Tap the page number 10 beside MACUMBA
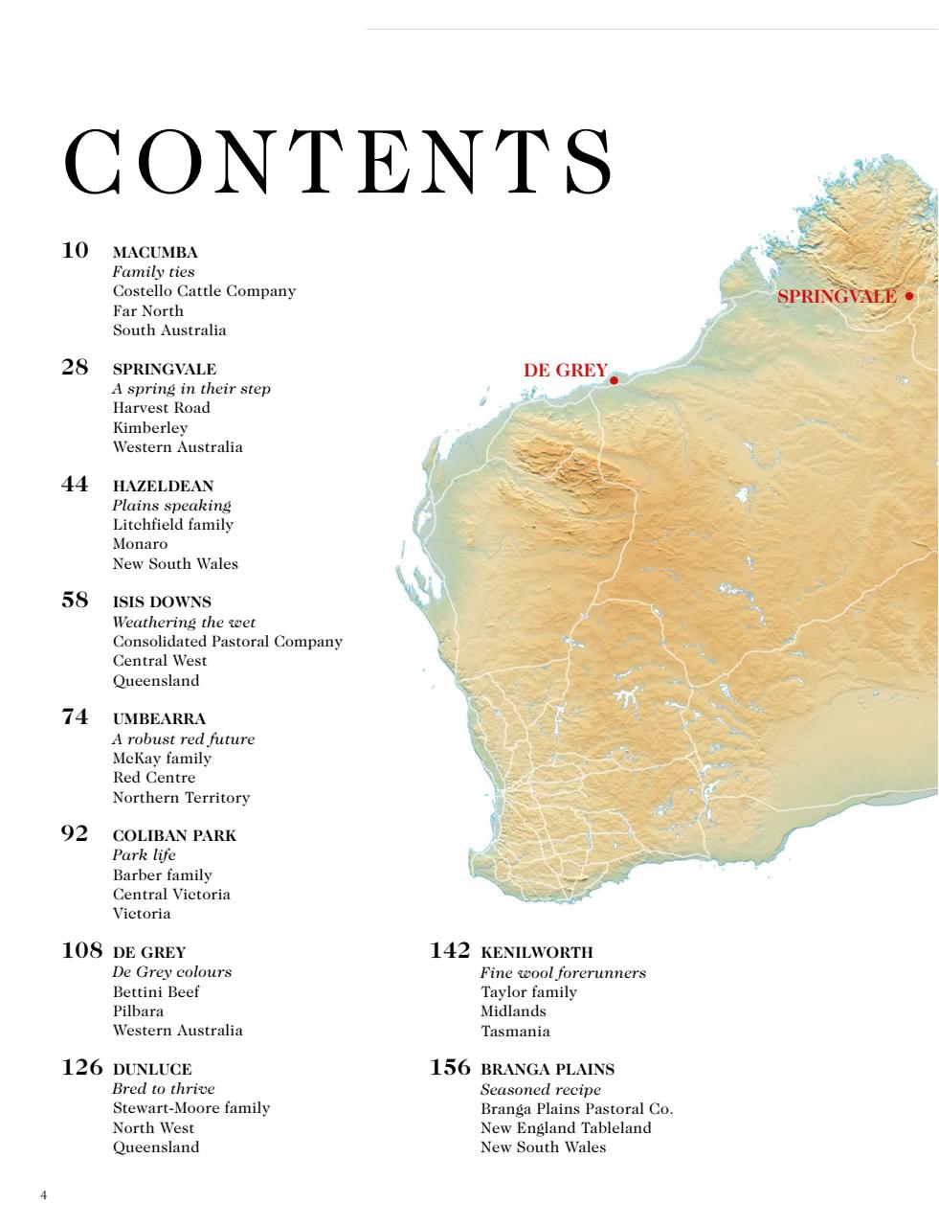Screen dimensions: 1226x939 (x=75, y=251)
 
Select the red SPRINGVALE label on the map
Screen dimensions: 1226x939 (x=837, y=297)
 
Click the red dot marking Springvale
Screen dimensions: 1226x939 (x=909, y=296)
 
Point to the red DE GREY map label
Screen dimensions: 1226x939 (x=565, y=371)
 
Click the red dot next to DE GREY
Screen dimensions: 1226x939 (x=614, y=380)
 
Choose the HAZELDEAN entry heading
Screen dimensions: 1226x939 (x=163, y=487)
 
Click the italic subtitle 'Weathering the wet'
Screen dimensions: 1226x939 (x=184, y=623)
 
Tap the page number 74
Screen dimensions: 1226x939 (x=75, y=717)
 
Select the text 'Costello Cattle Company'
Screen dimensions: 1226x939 (x=204, y=291)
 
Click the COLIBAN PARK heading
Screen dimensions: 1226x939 (x=174, y=836)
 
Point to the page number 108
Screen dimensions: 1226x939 (x=81, y=951)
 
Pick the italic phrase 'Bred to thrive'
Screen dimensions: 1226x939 (x=164, y=1089)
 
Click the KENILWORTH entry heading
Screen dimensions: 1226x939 (x=536, y=953)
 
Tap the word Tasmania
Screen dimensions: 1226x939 (x=515, y=1032)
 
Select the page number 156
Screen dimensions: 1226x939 (x=450, y=1068)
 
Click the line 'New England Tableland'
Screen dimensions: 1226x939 (x=566, y=1128)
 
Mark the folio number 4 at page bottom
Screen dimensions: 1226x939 (x=43, y=1195)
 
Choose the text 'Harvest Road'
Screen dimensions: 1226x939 (x=161, y=408)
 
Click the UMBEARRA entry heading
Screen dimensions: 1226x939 (x=159, y=719)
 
